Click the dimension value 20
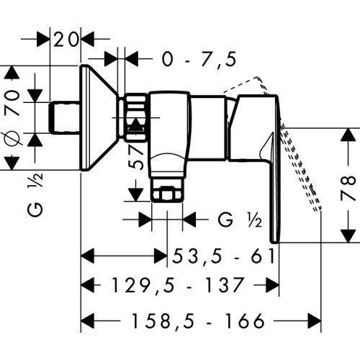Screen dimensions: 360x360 tap(66, 40)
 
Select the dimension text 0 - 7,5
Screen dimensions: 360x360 tap(199, 59)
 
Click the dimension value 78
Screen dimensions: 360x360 tap(348, 188)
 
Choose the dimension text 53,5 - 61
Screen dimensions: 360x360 tap(224, 256)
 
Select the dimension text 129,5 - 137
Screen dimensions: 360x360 tap(178, 285)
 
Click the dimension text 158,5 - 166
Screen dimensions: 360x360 tap(198, 320)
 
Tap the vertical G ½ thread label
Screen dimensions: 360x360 tap(35, 194)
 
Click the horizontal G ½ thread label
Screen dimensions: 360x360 tap(240, 220)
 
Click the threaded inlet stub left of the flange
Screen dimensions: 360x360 tap(65, 117)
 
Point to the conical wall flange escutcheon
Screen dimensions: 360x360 tap(99, 117)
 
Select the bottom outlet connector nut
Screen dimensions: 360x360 tap(167, 190)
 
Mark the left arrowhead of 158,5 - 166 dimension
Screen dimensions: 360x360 tap(88, 320)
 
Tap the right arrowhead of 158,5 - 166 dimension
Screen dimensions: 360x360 tap(315, 320)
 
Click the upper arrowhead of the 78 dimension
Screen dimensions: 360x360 tap(348, 135)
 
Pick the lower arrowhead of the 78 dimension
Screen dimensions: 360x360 tap(348, 235)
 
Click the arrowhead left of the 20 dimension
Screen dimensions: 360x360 tap(43, 39)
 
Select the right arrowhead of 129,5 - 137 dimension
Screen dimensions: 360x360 tap(272, 285)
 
